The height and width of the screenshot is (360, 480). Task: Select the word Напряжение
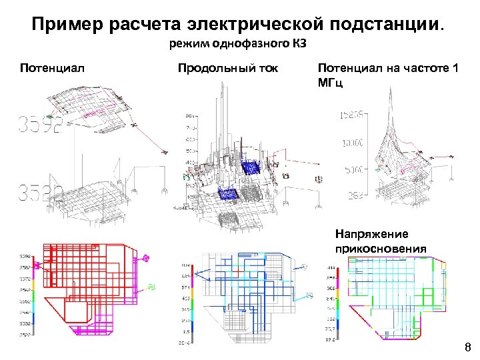[372, 235]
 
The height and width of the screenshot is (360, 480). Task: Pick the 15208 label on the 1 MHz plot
[353, 115]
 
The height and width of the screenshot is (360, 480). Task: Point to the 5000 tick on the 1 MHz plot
[353, 170]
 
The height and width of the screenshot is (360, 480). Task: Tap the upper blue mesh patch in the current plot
[253, 167]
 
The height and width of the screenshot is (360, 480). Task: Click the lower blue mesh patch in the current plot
[231, 195]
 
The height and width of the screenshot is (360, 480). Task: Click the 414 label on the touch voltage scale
[331, 266]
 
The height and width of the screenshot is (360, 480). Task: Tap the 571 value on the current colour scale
[186, 287]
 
